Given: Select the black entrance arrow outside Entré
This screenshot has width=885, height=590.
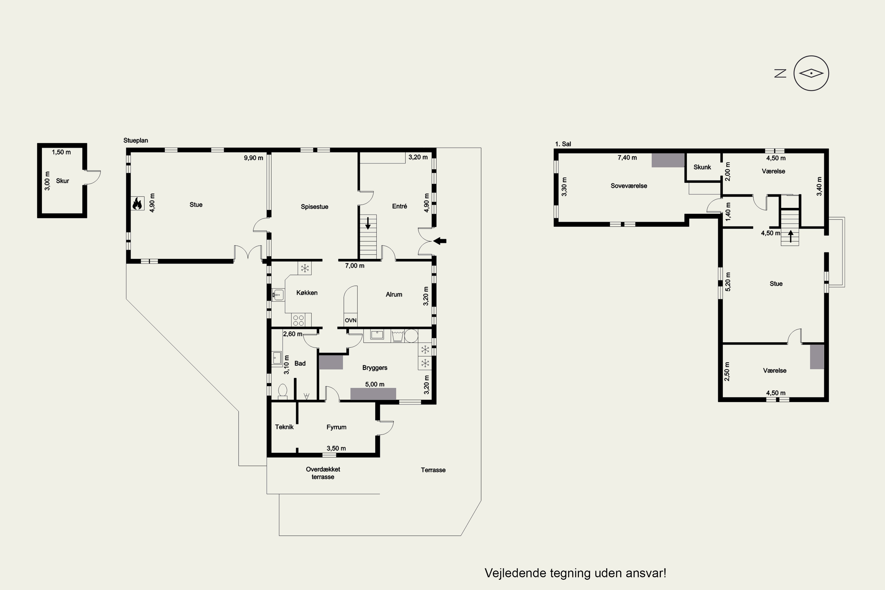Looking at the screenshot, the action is coord(440,241).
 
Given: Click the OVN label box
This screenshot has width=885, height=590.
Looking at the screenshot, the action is coord(350,320).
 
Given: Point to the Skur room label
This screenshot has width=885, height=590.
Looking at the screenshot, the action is coord(63,181).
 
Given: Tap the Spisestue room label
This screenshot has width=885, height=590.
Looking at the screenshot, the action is coord(314,206).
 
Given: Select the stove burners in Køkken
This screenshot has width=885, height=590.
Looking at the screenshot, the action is coord(299,320).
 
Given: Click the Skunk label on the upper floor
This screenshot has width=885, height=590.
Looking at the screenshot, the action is coord(702,167).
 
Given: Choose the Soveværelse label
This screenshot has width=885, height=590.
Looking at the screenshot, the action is coord(629,186).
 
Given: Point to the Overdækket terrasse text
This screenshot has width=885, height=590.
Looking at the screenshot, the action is coord(323,473).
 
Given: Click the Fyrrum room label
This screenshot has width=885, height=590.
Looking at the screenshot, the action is coord(336,427).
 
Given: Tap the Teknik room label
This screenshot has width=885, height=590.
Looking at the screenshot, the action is coord(284,427).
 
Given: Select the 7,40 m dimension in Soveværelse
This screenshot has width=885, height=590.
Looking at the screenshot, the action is coord(627,158).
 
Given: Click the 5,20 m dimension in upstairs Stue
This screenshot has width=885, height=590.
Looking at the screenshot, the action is coord(728,281).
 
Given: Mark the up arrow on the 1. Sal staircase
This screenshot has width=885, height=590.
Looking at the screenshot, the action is coord(791,236).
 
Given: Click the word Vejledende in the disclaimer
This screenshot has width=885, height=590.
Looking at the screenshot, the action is coord(515,573).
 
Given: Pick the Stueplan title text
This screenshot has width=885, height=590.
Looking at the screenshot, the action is coord(135,140).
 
